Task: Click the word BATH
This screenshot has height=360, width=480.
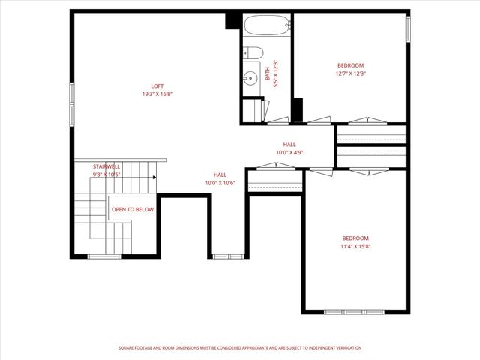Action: (x=268, y=73)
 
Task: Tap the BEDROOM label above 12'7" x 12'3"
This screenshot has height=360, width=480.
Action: (x=350, y=64)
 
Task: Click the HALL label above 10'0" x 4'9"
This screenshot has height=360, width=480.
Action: (x=289, y=144)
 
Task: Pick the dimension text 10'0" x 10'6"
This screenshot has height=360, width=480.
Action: (x=220, y=183)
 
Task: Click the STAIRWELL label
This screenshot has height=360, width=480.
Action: (x=106, y=166)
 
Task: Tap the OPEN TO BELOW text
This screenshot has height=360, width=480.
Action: (x=133, y=209)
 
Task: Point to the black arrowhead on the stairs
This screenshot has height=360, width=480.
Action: (x=154, y=178)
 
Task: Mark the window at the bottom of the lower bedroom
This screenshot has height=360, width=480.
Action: (x=354, y=311)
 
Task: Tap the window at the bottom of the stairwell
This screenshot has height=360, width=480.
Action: (x=104, y=256)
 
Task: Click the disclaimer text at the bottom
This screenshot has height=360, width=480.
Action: (x=240, y=348)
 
